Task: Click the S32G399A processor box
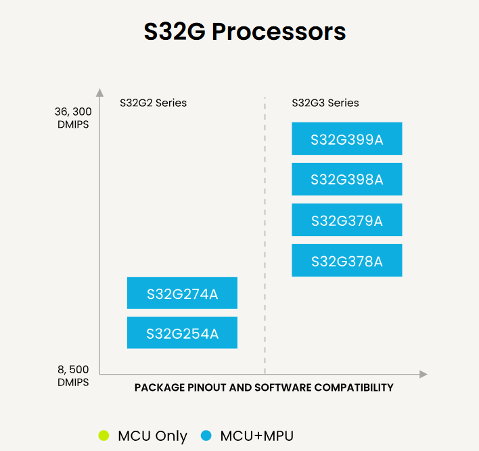point(346,139)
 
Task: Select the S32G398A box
point(346,179)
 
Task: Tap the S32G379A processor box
point(346,220)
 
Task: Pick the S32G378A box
point(346,260)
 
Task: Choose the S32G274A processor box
point(182,293)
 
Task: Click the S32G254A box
point(182,333)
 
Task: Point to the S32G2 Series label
point(153,103)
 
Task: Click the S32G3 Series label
point(325,103)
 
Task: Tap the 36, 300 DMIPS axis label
point(73,118)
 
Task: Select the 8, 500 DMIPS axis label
point(73,375)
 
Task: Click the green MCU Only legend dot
point(104,435)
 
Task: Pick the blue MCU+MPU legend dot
point(206,435)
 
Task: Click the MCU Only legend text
point(152,436)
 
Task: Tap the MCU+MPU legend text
point(256,435)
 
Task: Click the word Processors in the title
point(279,32)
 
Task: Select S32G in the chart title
point(175,32)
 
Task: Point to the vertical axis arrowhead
point(99,92)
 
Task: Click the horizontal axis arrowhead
point(424,374)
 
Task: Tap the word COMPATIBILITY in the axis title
point(354,387)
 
